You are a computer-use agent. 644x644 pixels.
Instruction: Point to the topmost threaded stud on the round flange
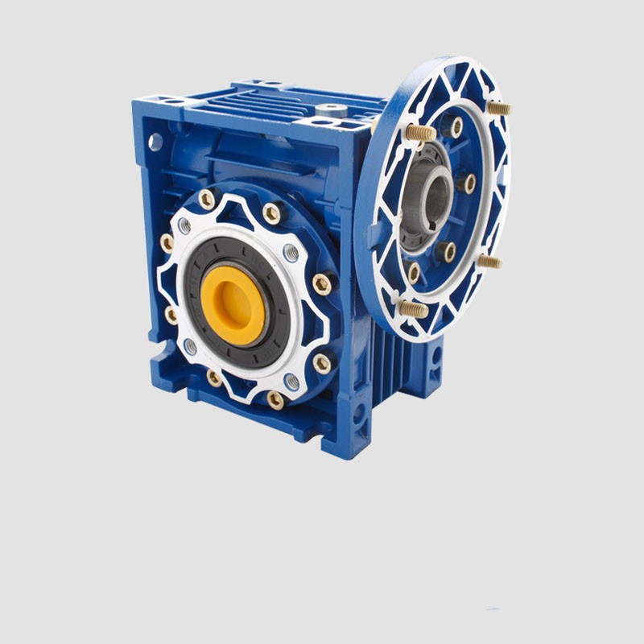pyautogui.click(x=498, y=107)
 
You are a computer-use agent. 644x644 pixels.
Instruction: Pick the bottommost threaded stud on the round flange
pyautogui.click(x=412, y=308)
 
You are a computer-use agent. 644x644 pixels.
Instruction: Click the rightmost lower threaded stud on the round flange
pyautogui.click(x=488, y=261)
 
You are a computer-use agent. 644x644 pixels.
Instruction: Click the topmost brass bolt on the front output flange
pyautogui.click(x=207, y=199)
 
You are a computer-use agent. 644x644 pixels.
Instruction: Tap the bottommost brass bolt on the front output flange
pyautogui.click(x=275, y=399)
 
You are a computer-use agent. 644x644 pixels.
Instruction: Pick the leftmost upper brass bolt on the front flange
pyautogui.click(x=167, y=242)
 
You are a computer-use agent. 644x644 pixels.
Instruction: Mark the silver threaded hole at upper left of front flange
pyautogui.click(x=184, y=226)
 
